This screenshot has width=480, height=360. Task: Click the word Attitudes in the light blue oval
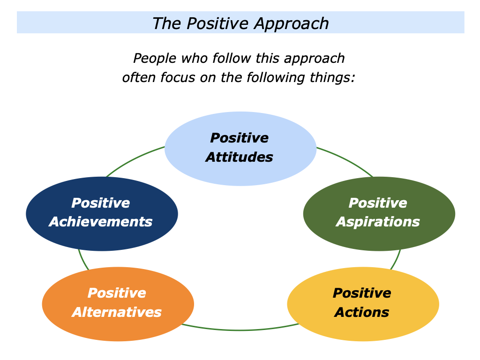tap(239, 157)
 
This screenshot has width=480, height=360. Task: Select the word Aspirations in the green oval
tap(378, 222)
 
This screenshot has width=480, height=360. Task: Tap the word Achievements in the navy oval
tap(101, 222)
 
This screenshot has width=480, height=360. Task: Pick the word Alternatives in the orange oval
tap(117, 312)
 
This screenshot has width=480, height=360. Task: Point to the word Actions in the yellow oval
tap(362, 312)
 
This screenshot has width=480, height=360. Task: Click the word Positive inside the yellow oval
tap(362, 293)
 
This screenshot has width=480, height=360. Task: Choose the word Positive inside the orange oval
tap(117, 293)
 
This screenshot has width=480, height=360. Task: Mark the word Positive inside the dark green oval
tap(378, 203)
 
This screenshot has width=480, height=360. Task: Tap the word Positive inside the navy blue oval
tap(101, 203)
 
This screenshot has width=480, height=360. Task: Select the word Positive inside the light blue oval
tap(239, 138)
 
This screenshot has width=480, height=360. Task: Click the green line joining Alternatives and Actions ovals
tap(239, 330)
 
